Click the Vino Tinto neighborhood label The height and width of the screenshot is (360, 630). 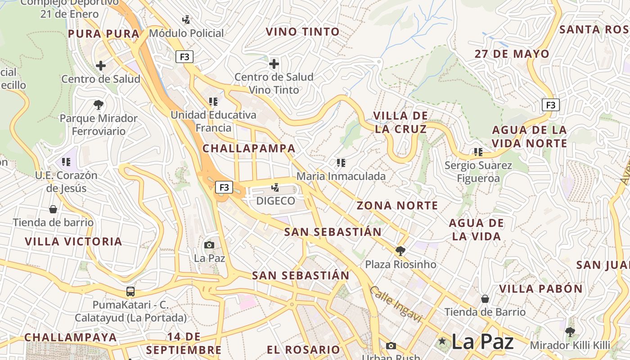[x=302, y=32]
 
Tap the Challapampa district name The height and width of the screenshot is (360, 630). [x=249, y=148]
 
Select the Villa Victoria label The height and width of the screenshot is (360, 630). [x=73, y=242]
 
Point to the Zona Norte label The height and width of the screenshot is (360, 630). [x=397, y=206]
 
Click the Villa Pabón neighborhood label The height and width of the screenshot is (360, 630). [x=541, y=288]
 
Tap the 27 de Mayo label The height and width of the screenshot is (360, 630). [x=512, y=54]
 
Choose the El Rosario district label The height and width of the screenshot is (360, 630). [x=303, y=350]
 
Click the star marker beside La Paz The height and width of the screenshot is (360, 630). [x=442, y=342]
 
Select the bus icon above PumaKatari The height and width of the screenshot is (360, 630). [x=130, y=292]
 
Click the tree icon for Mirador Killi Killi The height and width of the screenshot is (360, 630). [x=570, y=333]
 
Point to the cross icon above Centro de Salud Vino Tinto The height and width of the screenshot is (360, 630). [x=274, y=64]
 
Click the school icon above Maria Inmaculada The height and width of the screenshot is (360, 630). [x=341, y=163]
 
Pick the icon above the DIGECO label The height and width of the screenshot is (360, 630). [x=275, y=187]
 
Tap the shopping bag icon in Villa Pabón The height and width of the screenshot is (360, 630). [x=485, y=299]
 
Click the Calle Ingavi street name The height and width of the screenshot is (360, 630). [x=396, y=304]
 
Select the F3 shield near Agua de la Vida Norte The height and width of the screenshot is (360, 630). [x=550, y=105]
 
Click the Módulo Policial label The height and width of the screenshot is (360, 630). [x=186, y=33]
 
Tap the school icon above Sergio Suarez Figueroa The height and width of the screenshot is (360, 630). [x=478, y=152]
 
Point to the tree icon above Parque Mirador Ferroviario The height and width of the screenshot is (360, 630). [x=99, y=105]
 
